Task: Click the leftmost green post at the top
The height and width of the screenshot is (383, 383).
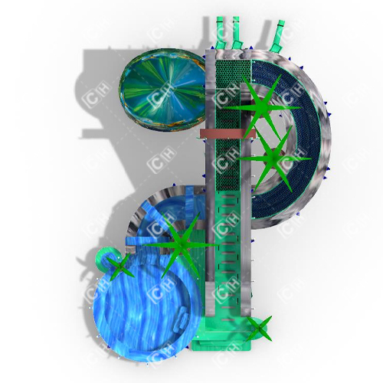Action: (x=221, y=31)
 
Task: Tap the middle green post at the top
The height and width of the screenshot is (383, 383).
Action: (x=235, y=31)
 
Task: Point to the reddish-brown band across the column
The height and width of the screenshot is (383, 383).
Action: (x=227, y=133)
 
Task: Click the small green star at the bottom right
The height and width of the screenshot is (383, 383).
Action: (x=259, y=329)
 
